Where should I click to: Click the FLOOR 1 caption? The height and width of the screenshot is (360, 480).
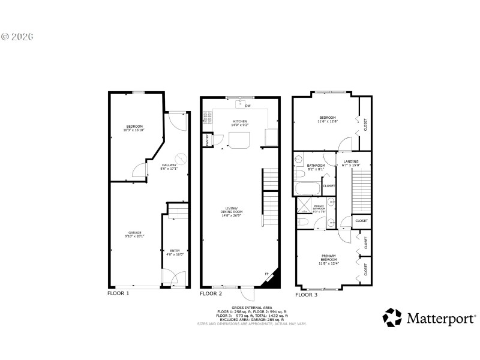118,293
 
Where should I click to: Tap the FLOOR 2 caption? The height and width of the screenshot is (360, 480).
211,294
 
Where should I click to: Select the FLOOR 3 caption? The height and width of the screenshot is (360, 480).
306,295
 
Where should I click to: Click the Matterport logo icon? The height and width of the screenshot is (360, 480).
392,317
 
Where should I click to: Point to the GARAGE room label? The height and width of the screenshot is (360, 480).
134,233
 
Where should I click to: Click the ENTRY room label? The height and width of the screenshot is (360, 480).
175,251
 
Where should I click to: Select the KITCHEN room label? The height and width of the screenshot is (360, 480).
240,122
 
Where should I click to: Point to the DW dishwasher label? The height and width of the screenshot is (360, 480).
248,106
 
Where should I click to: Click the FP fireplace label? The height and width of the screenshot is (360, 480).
267,274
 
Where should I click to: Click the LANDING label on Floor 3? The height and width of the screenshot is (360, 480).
352,161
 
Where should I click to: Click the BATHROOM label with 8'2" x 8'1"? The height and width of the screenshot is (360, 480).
316,166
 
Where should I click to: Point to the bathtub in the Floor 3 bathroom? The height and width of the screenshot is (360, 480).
309,190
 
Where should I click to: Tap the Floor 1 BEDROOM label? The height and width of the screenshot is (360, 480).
134,127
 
